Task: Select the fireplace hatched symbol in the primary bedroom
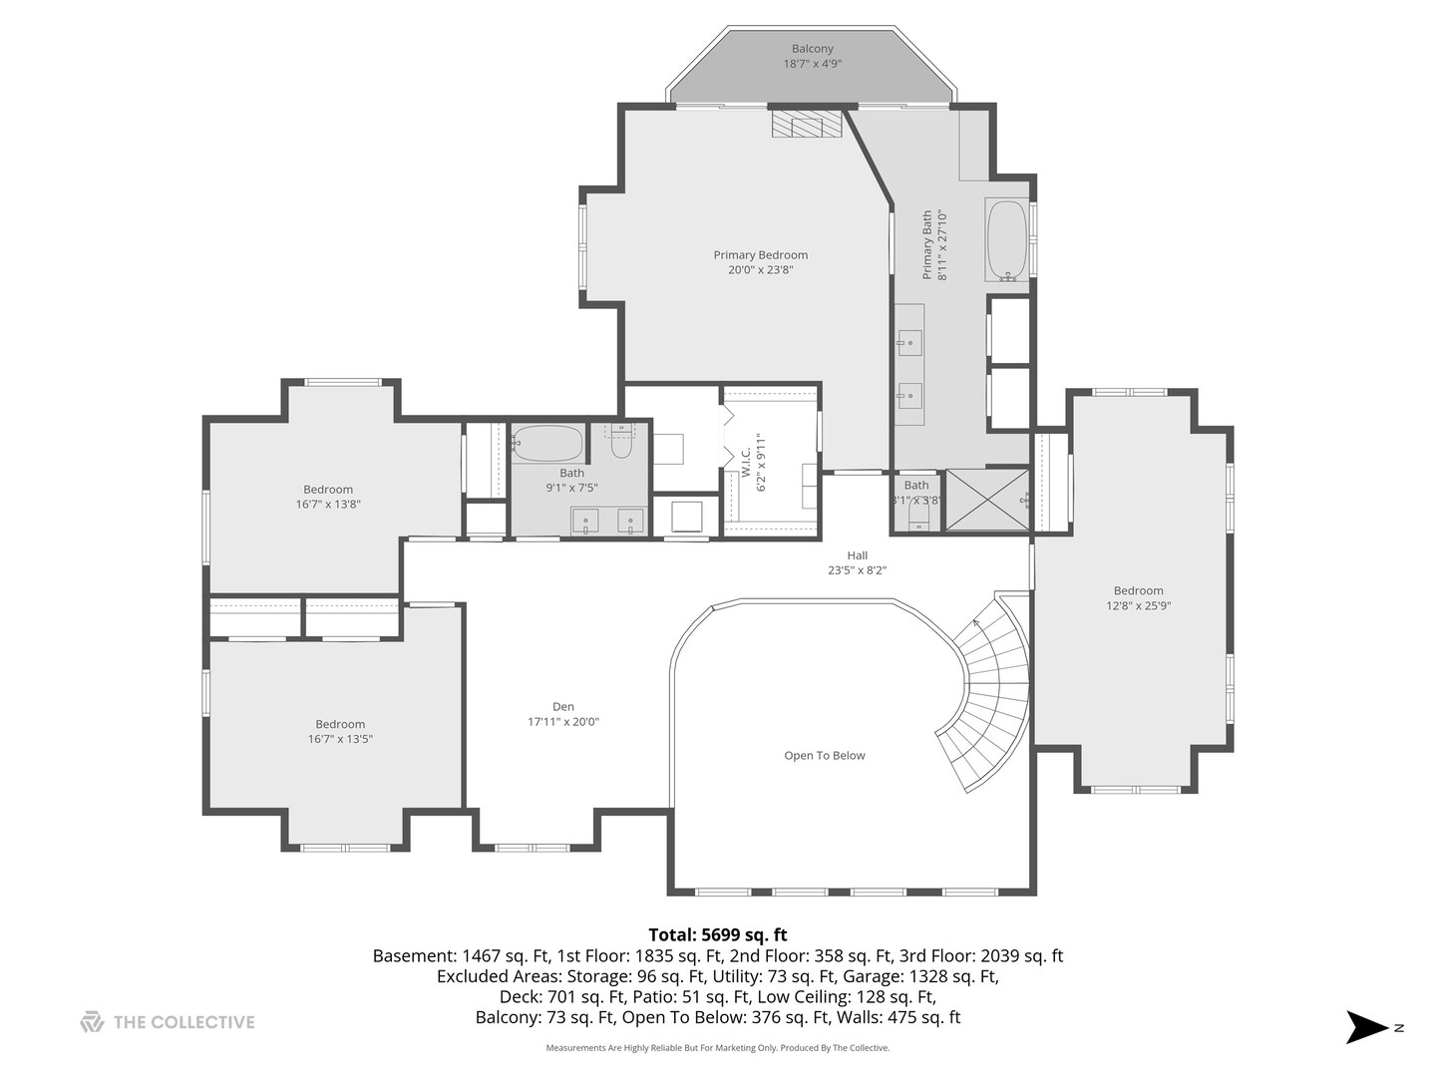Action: [x=806, y=124]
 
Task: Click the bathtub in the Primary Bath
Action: [x=1006, y=240]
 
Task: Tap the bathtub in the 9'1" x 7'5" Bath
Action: [x=546, y=444]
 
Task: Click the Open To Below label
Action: [x=825, y=756]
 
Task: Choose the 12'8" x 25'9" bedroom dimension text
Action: [x=1139, y=606]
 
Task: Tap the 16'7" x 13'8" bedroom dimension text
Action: [x=328, y=505]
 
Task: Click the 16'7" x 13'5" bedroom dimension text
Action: [x=340, y=739]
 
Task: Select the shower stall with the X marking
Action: [x=987, y=500]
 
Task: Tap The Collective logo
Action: [x=168, y=1022]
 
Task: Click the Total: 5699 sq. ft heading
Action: [x=718, y=934]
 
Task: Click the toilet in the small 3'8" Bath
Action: [x=919, y=522]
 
